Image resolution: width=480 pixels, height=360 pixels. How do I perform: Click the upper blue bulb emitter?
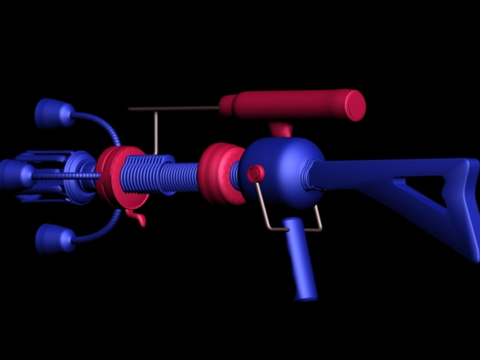[53, 113]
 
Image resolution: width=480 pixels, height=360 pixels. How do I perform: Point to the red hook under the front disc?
[138, 218]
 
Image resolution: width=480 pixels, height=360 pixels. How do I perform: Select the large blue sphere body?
[283, 167]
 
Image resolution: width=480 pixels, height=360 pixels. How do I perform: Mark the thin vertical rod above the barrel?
[155, 132]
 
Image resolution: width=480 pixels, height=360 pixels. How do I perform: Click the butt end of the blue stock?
[473, 210]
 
